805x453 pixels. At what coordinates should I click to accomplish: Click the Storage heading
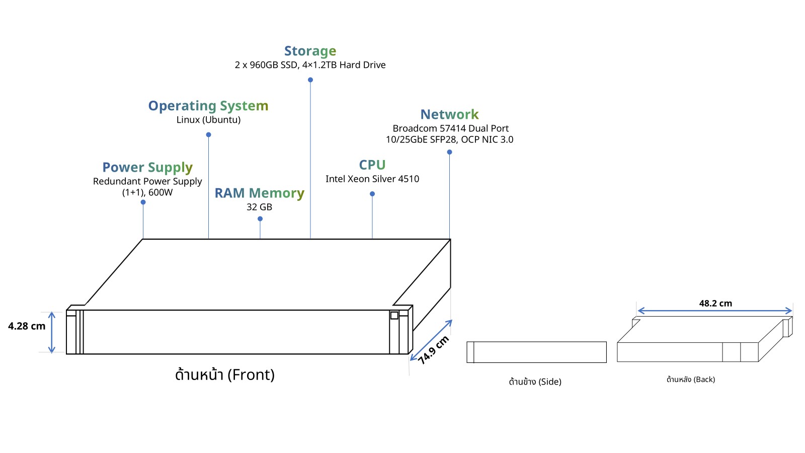(x=310, y=51)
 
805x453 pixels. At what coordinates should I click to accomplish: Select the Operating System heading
(x=208, y=106)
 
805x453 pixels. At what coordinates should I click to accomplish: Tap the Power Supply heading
(x=147, y=168)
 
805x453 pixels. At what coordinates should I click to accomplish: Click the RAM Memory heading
(x=260, y=193)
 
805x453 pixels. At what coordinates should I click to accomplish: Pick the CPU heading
(x=372, y=165)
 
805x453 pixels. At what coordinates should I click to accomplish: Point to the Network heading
(x=450, y=114)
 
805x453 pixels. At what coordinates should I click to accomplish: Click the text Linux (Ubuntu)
(x=208, y=120)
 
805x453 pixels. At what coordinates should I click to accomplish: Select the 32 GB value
(x=260, y=207)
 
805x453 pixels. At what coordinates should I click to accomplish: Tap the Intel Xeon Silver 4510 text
(x=372, y=179)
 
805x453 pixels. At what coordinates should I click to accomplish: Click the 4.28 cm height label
(x=27, y=327)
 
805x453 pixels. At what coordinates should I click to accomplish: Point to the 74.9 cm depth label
(x=433, y=350)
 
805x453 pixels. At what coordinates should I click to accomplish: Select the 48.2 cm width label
(x=715, y=304)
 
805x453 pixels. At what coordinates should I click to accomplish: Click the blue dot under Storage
(x=310, y=80)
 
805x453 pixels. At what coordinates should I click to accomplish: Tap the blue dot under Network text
(x=450, y=152)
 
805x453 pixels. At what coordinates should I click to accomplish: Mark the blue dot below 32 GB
(x=260, y=218)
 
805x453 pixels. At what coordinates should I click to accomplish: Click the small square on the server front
(x=394, y=315)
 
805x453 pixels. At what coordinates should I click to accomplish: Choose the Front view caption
(x=225, y=375)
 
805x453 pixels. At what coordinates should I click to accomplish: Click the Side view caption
(x=535, y=382)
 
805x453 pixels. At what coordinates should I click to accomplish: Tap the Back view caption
(x=691, y=380)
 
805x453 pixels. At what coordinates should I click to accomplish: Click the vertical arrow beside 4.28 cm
(x=52, y=333)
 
